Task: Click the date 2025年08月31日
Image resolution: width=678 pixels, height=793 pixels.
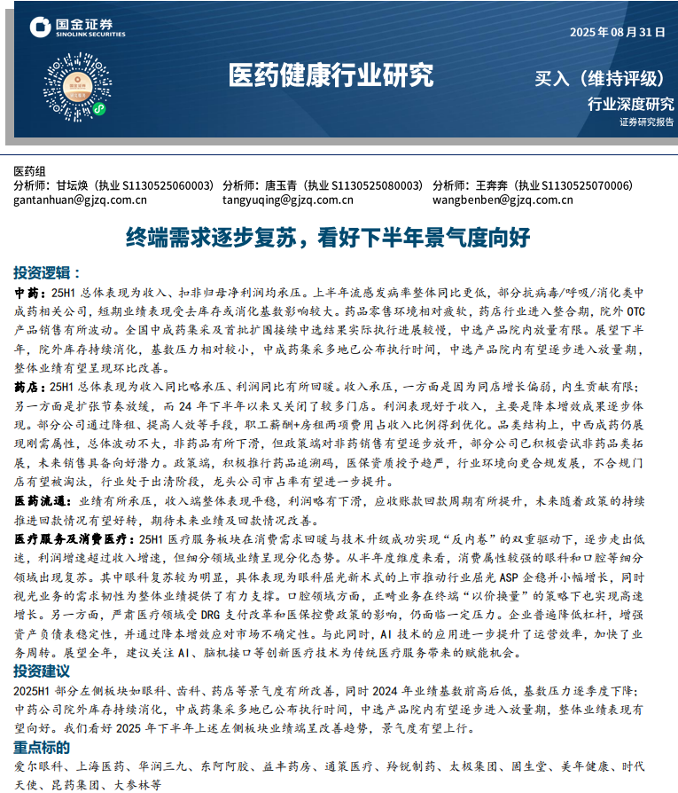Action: [x=617, y=32]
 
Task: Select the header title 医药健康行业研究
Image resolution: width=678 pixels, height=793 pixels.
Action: [x=331, y=75]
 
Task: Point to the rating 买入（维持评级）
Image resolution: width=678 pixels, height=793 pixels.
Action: [x=599, y=78]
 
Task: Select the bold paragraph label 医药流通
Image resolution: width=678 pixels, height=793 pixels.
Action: [x=39, y=501]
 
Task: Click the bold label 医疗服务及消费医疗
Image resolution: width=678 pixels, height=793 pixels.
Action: [x=70, y=538]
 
